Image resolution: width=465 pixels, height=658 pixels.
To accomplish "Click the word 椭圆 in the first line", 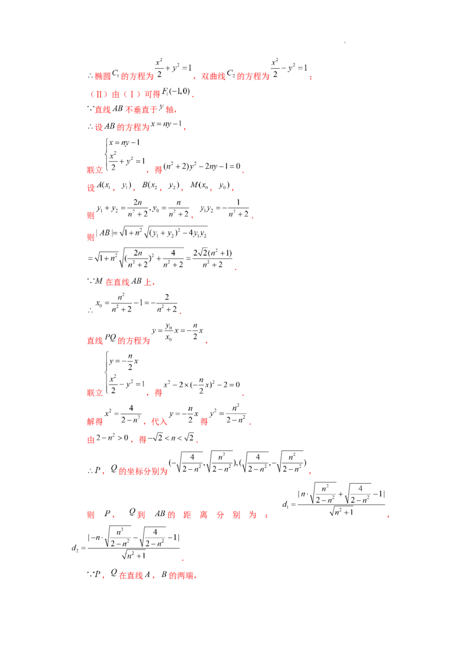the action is click(x=102, y=76).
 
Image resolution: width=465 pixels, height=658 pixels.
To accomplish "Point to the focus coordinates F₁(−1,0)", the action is click(x=176, y=92).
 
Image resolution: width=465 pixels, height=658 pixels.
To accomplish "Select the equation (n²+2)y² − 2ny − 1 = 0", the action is click(x=202, y=167).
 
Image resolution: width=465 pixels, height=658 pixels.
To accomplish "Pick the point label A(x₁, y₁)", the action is click(x=114, y=185).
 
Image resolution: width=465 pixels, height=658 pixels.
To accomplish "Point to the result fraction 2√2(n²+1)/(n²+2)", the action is click(x=212, y=259).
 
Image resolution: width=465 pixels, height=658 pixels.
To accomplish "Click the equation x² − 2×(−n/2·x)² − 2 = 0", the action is click(x=202, y=385).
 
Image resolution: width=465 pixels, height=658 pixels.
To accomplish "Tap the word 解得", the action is click(x=95, y=421).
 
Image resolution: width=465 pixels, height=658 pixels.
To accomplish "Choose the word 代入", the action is click(x=159, y=421).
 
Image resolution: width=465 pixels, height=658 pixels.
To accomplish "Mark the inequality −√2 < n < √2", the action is click(x=171, y=438).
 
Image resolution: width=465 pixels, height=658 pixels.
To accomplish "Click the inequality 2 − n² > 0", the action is click(x=112, y=438).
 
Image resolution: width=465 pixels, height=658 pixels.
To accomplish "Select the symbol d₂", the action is click(x=75, y=548).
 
